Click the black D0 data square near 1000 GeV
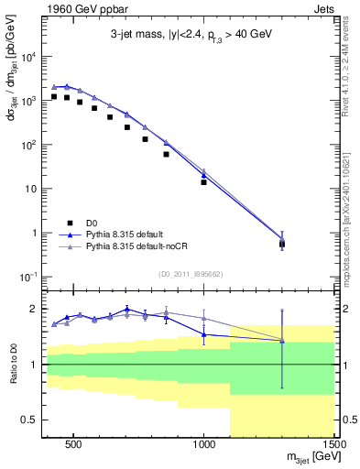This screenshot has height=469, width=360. tap(203, 182)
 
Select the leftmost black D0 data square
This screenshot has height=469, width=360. tap(54, 96)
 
